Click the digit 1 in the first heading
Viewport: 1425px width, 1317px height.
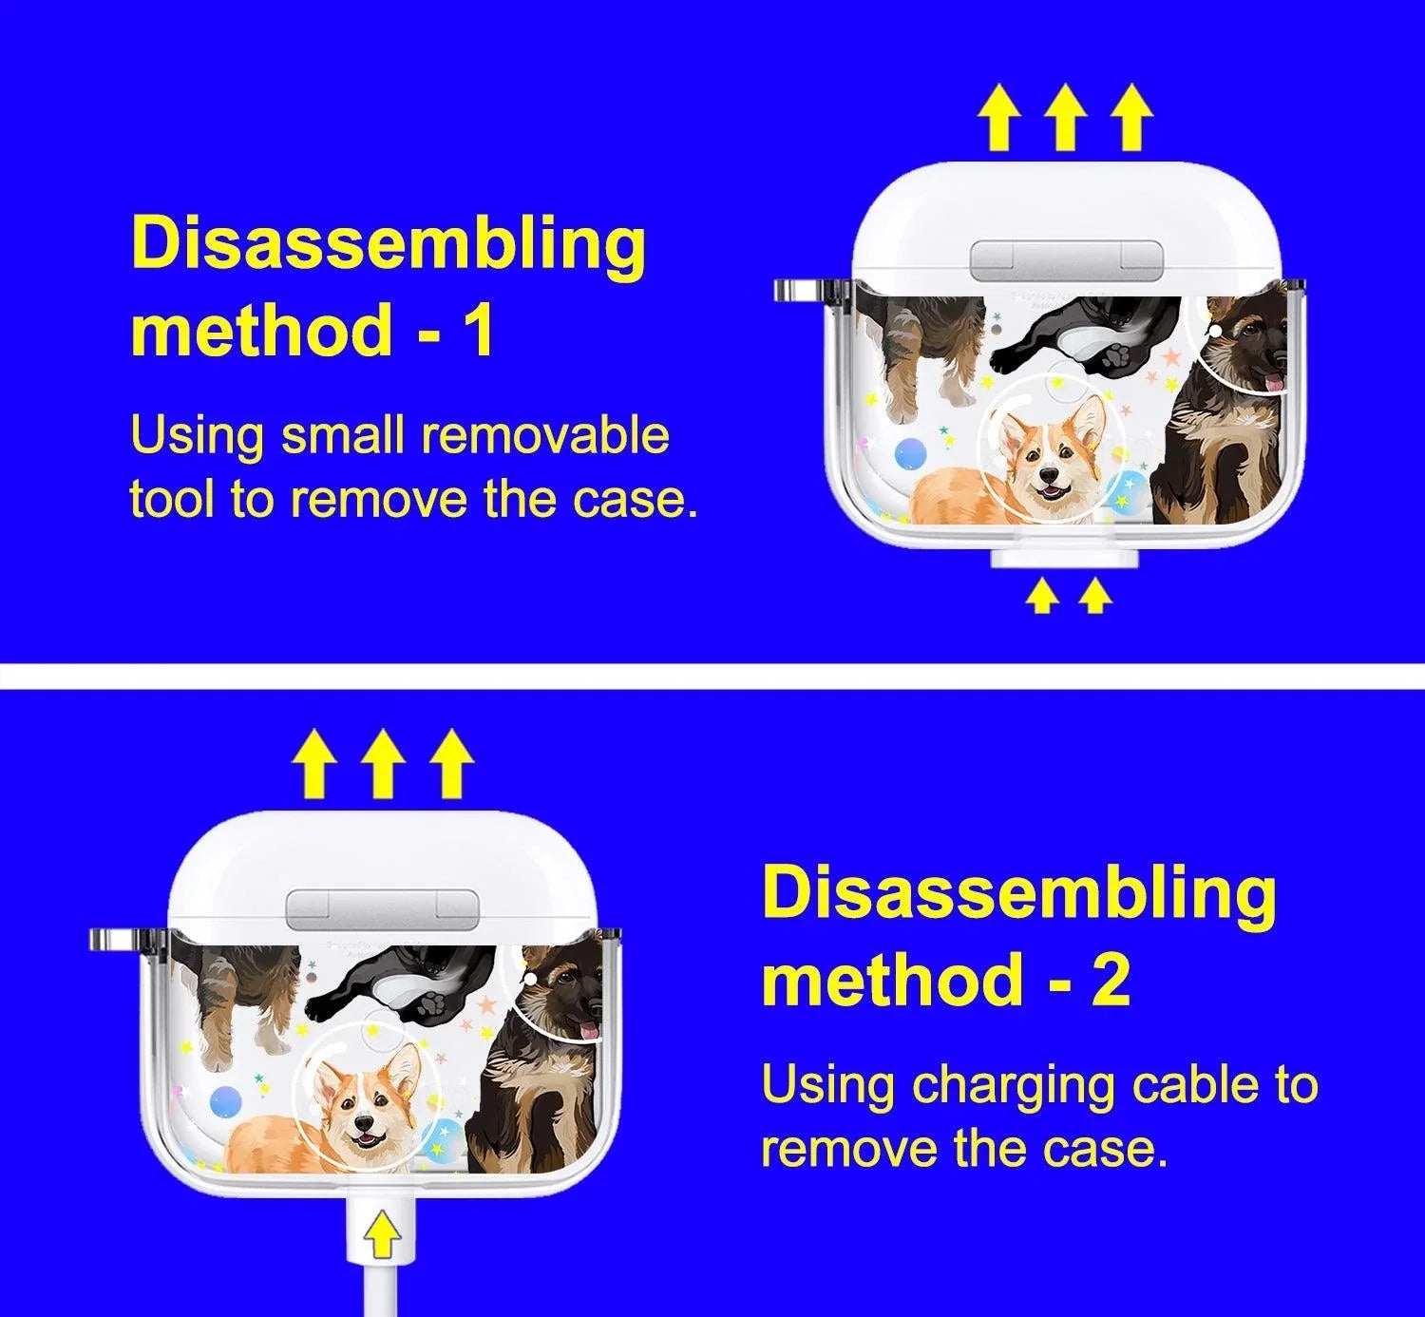point(479,330)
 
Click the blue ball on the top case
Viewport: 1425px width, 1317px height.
point(911,454)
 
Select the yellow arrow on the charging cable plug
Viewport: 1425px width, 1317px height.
point(382,1233)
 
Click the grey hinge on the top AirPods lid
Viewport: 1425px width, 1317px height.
point(1066,260)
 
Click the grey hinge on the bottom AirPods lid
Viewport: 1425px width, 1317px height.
point(383,910)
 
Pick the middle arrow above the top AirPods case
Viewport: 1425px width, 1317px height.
point(1066,118)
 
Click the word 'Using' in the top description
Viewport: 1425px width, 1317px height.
point(198,438)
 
